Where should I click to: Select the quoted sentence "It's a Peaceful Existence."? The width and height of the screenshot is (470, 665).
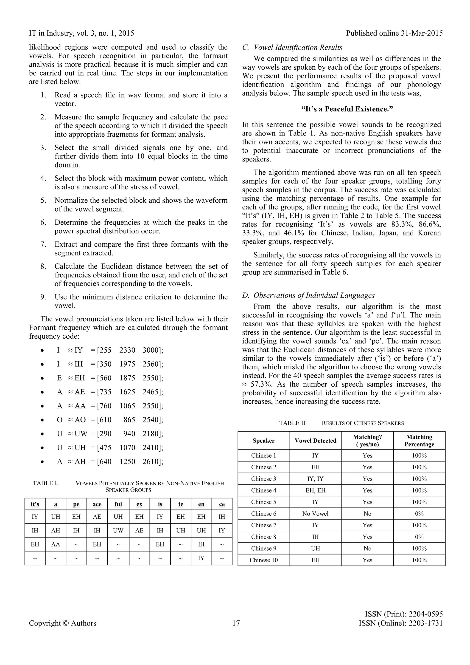click(x=347, y=109)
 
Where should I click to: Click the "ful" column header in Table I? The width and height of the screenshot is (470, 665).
click(x=118, y=504)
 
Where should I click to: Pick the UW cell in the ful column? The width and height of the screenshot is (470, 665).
click(x=118, y=530)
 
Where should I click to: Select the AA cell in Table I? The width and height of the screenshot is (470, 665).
click(x=56, y=544)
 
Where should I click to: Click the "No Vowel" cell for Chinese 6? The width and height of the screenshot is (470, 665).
click(x=316, y=514)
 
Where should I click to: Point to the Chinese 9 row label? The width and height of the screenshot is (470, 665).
click(x=263, y=548)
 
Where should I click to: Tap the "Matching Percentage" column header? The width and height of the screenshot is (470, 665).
click(x=419, y=441)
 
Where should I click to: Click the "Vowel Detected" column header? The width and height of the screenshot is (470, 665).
click(x=316, y=441)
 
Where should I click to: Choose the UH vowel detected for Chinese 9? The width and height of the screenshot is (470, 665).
click(x=316, y=548)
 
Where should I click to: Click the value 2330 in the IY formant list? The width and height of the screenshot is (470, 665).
click(x=127, y=350)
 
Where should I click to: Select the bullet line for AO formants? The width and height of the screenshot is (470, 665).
click(x=110, y=420)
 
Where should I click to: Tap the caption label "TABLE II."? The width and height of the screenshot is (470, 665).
click(x=293, y=423)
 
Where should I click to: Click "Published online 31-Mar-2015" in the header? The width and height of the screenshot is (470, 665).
click(x=394, y=33)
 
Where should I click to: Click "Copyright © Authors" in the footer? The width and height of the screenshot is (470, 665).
click(x=62, y=623)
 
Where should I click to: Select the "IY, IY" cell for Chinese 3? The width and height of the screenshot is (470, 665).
click(x=316, y=479)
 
